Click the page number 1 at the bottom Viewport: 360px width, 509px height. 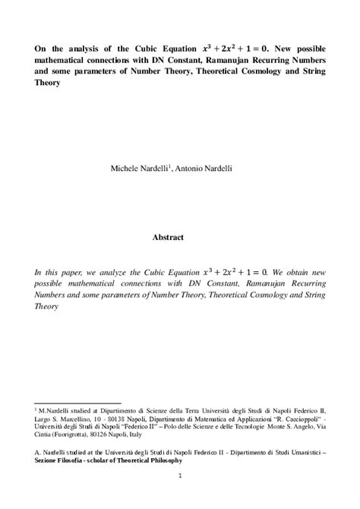click(181, 476)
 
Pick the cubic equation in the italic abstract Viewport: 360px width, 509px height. click(247, 270)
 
